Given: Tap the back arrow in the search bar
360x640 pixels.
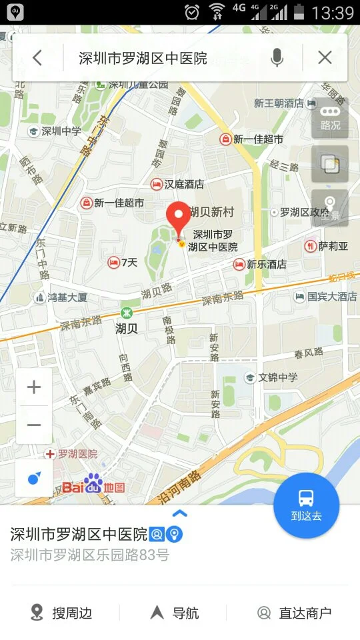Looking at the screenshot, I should click(37, 58).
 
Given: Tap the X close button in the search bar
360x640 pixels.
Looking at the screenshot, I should click(325, 58).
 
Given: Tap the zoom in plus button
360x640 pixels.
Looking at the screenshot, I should click(34, 387).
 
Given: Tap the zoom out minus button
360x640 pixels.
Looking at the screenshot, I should click(34, 425).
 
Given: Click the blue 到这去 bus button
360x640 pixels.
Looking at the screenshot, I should click(307, 505).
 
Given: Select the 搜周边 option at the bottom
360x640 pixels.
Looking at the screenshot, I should click(61, 613).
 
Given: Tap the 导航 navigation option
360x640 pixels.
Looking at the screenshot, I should click(175, 613).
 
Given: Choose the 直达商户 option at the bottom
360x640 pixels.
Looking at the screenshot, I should click(295, 613).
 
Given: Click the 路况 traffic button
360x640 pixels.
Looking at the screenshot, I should click(330, 117).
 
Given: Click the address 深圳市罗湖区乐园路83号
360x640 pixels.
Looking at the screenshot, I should click(90, 555).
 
